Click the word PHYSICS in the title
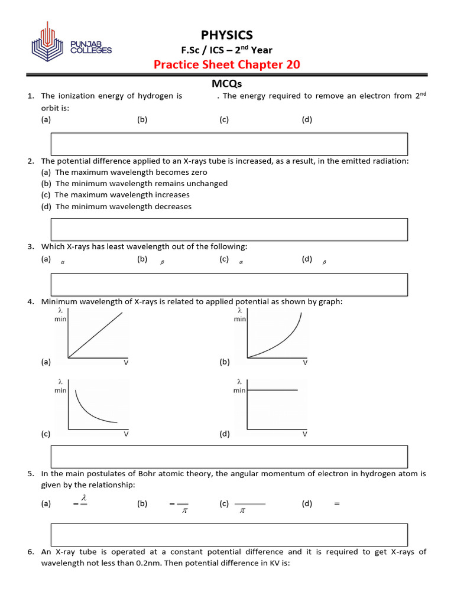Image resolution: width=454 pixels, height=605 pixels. click(227, 35)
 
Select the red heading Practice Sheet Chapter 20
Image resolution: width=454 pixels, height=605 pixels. click(227, 64)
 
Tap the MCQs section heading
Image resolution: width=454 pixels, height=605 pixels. click(227, 84)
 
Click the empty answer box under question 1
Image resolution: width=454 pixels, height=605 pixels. click(229, 144)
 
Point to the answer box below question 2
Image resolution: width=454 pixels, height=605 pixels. click(229, 229)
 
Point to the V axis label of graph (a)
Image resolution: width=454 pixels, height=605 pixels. click(126, 362)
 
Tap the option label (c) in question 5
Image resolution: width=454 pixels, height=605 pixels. click(224, 504)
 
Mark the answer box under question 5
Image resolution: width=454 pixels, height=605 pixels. click(229, 534)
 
